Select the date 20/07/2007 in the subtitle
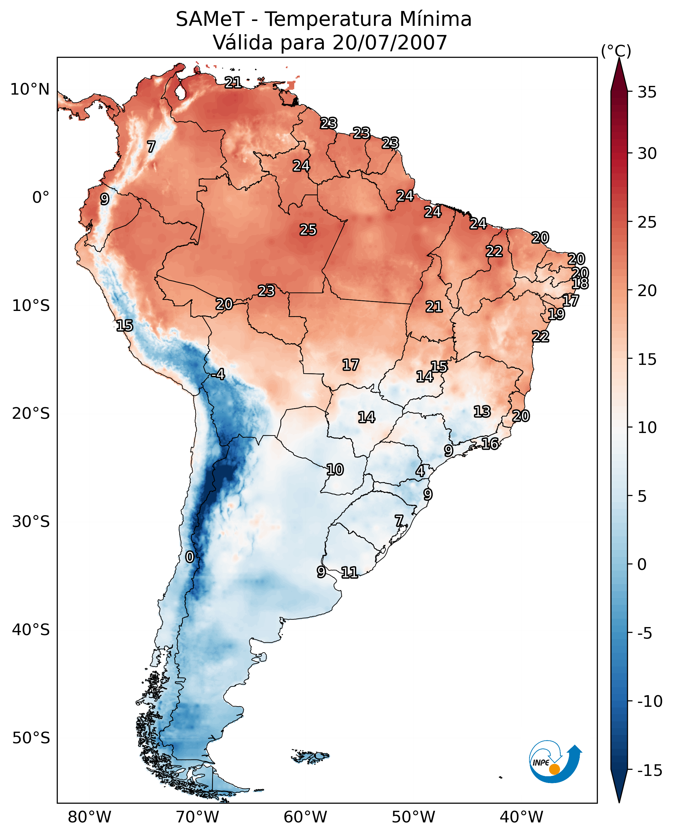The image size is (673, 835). click(390, 43)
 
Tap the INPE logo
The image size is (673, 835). click(555, 762)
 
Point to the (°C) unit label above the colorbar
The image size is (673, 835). click(616, 51)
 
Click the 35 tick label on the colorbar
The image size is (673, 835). click(647, 92)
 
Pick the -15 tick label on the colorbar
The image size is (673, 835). click(649, 771)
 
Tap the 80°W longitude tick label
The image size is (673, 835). click(90, 817)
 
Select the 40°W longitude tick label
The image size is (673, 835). click(521, 817)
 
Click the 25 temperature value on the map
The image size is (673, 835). click(308, 230)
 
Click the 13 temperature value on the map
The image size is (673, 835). click(482, 412)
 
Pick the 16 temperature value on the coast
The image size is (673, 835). click(490, 444)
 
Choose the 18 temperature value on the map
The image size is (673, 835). click(580, 283)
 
